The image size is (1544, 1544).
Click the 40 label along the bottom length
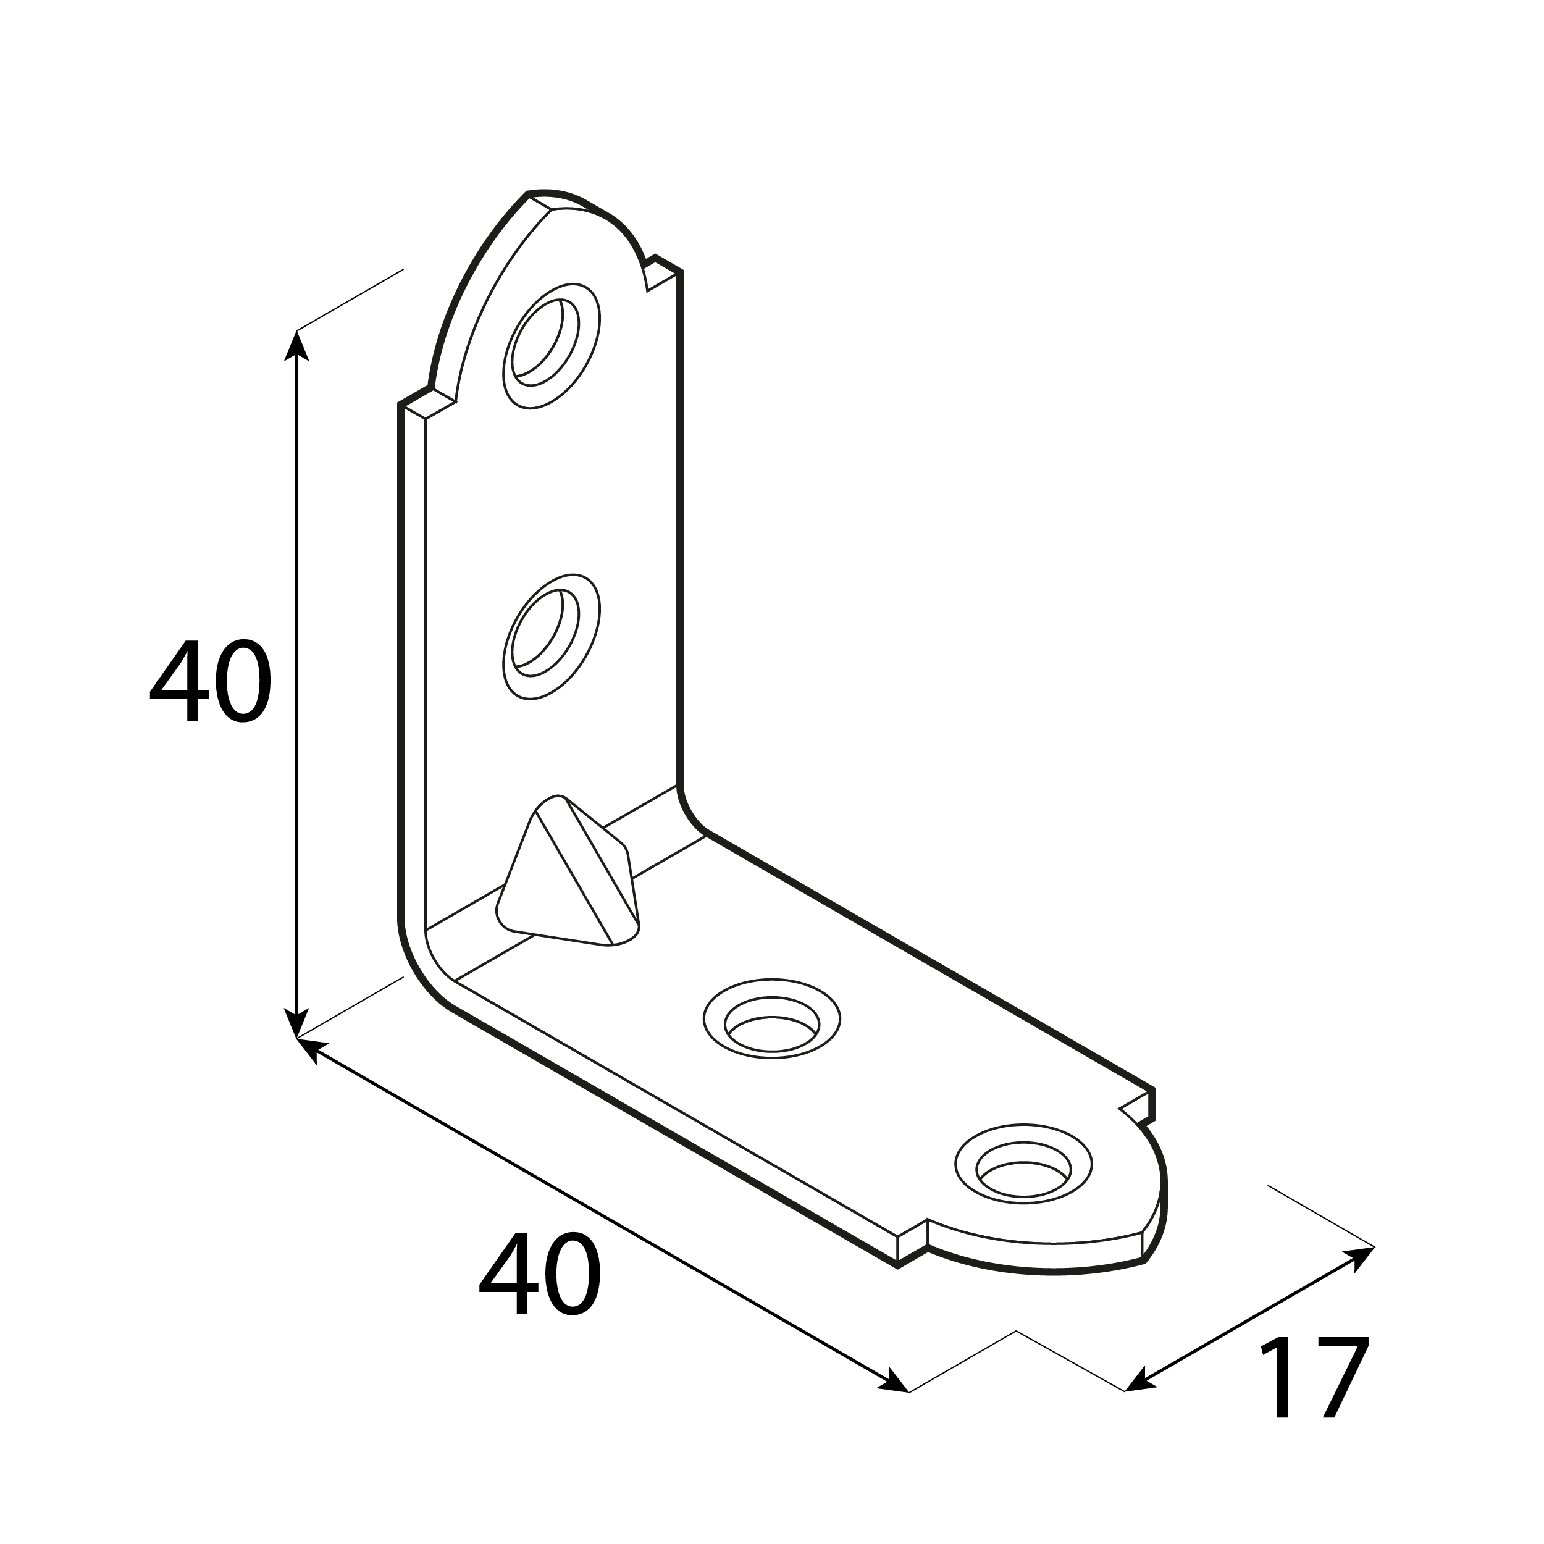click(x=540, y=1272)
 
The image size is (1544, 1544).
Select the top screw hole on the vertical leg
click(x=551, y=345)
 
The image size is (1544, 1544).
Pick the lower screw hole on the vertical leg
click(x=551, y=636)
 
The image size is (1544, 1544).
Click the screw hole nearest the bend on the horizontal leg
click(x=771, y=1019)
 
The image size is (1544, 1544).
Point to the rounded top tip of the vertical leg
click(x=552, y=196)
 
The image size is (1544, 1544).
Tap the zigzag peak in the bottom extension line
click(x=1016, y=1332)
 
